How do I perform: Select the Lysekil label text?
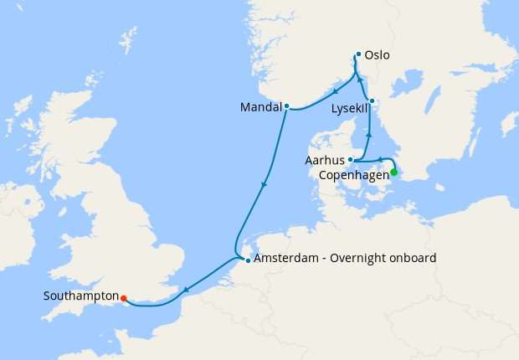coord(348,109)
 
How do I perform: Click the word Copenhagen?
coord(355,176)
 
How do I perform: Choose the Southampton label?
coord(80,296)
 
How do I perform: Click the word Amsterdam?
coord(285,258)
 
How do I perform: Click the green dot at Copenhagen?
coord(394,172)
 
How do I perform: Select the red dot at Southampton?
coord(123,297)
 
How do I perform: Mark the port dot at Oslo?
coord(358,54)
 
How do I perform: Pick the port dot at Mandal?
coord(286,106)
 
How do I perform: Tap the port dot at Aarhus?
coord(351,159)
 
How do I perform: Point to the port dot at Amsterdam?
coord(248,260)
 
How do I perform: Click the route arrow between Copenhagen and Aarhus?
coord(380,158)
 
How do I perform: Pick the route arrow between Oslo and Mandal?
coord(335,91)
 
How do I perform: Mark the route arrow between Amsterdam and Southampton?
coord(185,290)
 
